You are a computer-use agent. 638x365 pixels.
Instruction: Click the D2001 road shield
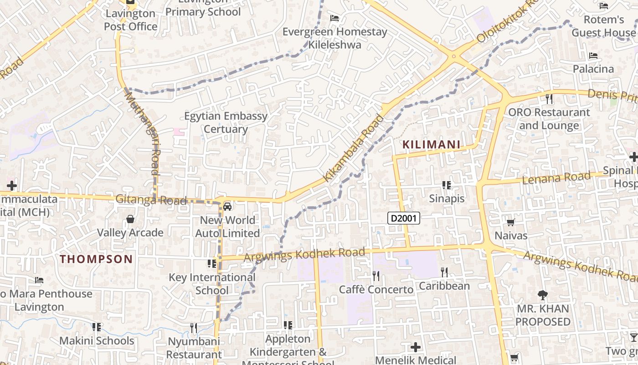[404, 219]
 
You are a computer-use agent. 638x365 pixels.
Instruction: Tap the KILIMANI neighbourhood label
[431, 145]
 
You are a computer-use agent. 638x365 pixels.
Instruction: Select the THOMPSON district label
[97, 259]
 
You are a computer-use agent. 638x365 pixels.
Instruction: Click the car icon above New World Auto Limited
[227, 206]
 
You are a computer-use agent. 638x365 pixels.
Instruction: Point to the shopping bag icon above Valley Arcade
[130, 219]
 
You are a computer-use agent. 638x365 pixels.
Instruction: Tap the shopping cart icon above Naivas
[511, 222]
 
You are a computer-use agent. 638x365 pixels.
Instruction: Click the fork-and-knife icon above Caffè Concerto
[376, 276]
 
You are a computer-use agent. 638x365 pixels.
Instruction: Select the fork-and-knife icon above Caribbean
[444, 272]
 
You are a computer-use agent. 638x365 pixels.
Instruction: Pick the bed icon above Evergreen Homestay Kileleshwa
[334, 18]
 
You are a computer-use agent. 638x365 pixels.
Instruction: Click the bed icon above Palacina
[593, 56]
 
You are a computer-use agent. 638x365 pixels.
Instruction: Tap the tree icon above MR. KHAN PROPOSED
[542, 295]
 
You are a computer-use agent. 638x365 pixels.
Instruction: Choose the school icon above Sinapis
[447, 185]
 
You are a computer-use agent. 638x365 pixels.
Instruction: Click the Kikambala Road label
[354, 148]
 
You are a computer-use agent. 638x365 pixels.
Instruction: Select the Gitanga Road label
[151, 199]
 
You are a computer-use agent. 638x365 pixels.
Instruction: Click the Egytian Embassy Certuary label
[226, 122]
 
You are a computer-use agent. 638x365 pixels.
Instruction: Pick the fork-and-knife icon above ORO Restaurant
[549, 99]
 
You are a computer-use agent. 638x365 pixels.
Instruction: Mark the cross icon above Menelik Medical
[416, 347]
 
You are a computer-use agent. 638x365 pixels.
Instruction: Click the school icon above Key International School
[212, 264]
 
